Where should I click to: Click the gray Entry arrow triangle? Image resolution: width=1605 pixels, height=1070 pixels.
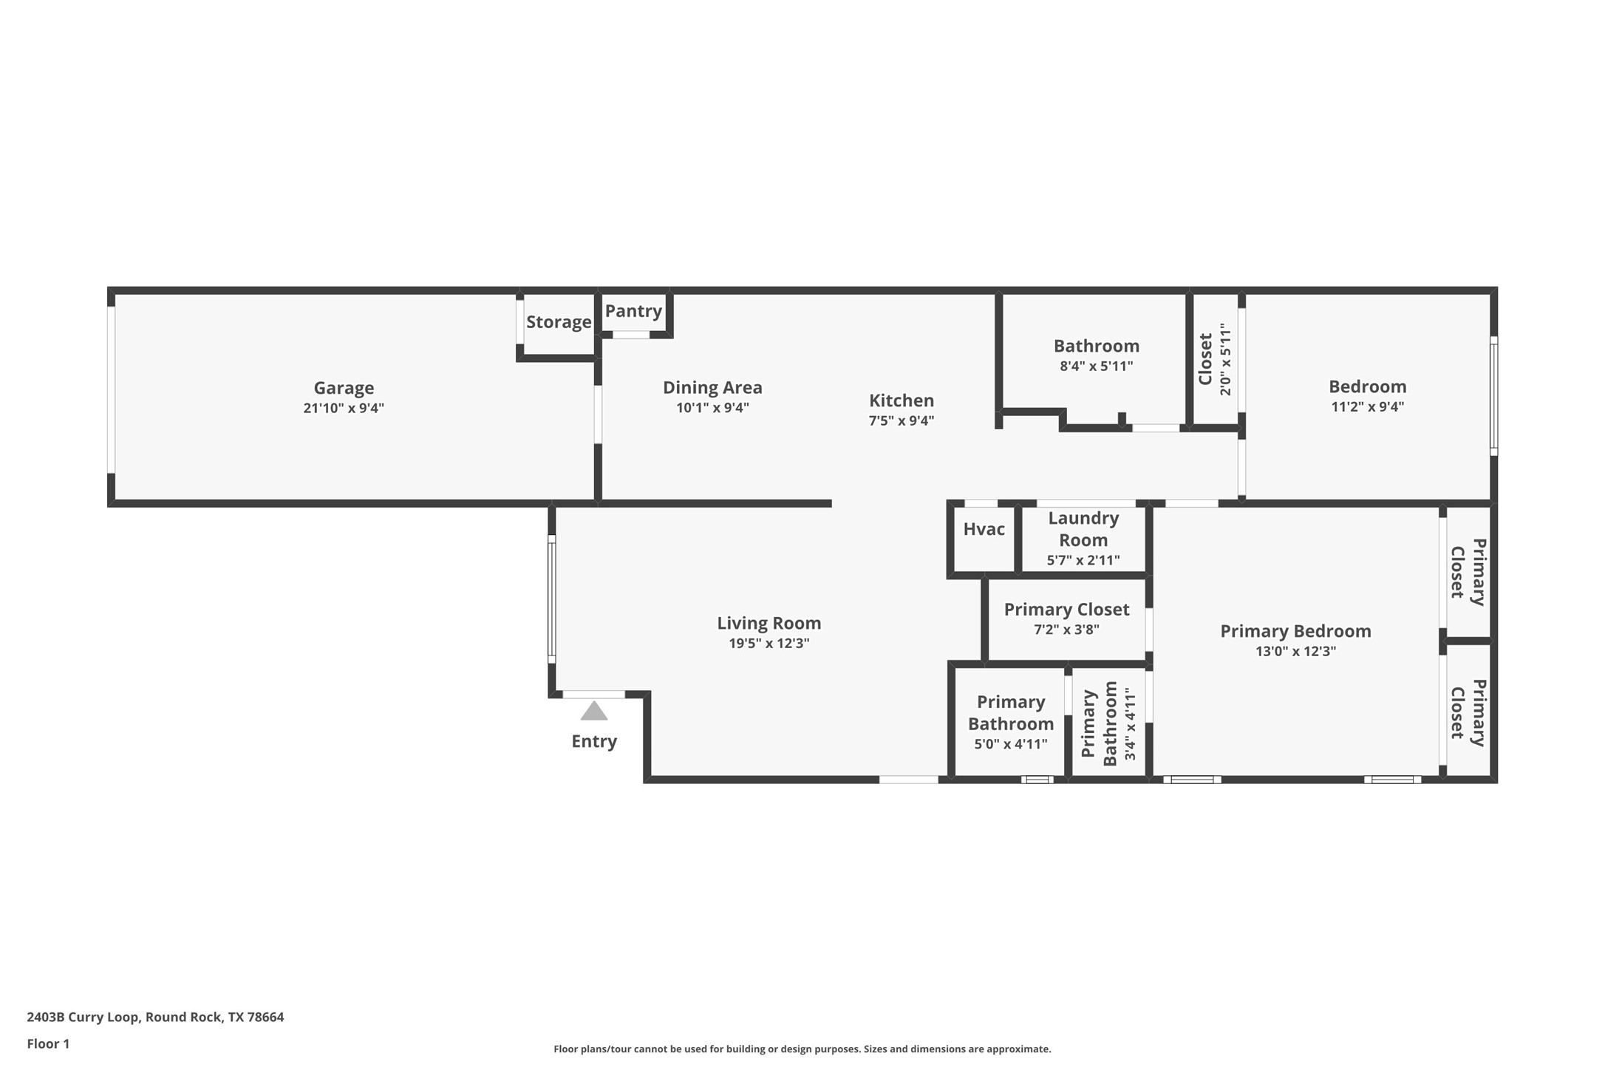pos(594,712)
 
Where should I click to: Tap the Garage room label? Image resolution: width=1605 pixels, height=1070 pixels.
pos(344,388)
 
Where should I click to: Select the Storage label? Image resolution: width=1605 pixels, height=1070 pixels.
pos(559,322)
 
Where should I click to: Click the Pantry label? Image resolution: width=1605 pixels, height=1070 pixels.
pos(633,311)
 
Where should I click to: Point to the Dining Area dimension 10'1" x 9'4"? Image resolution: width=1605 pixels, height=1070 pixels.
pos(712,408)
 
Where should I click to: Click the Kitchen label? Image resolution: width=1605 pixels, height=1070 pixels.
pos(901,401)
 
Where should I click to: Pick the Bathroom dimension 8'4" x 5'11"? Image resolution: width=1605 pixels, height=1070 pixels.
pos(1096,366)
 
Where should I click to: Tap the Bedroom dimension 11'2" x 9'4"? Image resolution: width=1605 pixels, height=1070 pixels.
pos(1367,406)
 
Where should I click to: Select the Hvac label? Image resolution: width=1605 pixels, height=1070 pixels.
pos(984,529)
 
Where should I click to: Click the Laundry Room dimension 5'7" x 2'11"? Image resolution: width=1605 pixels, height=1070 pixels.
pos(1083,560)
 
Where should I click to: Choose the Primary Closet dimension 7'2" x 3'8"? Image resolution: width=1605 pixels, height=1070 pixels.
pos(1066,630)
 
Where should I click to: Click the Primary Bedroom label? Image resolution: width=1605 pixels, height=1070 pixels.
pos(1295,631)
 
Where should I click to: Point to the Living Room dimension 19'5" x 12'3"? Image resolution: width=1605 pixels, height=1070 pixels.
pos(769,644)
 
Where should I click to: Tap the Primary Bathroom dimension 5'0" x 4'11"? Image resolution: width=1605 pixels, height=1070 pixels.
pos(1010,744)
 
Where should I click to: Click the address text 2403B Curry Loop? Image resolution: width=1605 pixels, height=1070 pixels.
pos(155,1017)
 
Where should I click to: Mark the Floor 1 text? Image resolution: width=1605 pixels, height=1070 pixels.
pos(48,1044)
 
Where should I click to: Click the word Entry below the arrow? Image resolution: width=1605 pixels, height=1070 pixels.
pos(594,741)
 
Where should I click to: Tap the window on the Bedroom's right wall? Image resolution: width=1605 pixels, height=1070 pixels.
pos(1493,395)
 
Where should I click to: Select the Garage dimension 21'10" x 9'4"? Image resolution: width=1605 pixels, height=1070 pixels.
pos(344,408)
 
